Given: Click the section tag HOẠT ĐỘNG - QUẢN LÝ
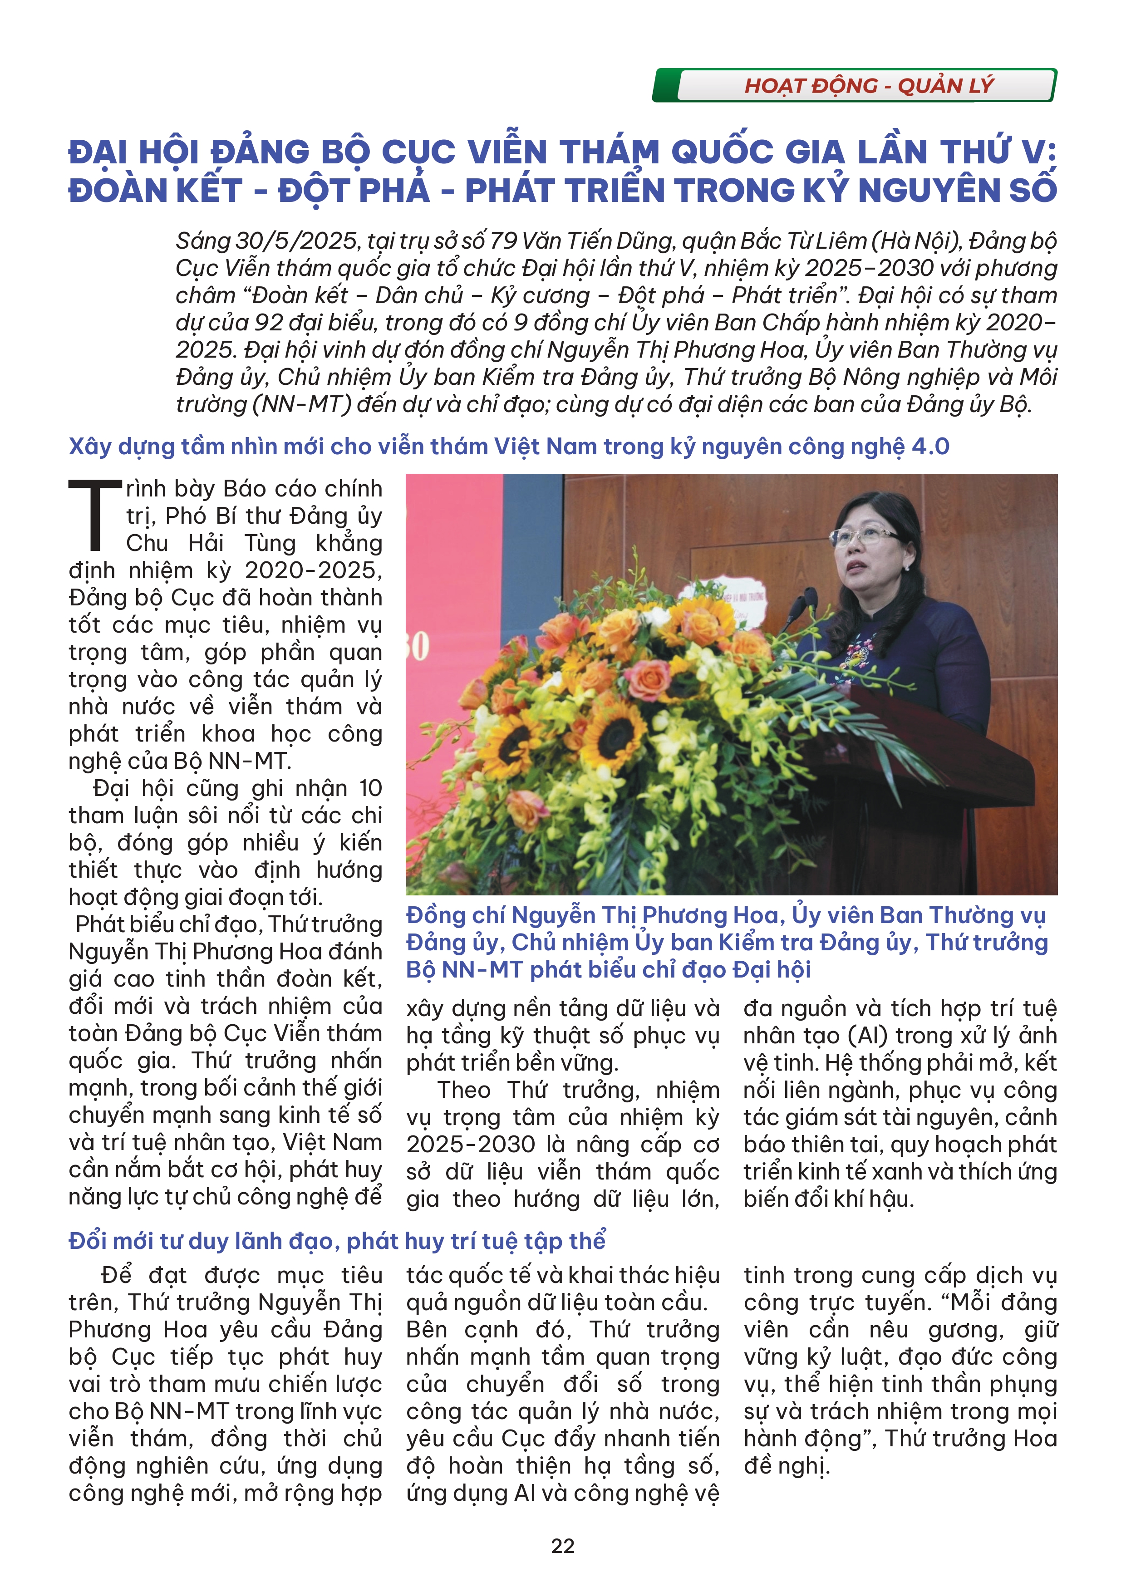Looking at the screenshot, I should (868, 86).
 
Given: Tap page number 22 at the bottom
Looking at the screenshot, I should (562, 1546).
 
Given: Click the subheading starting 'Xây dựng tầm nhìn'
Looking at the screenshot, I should (508, 447).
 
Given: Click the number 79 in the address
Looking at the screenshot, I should (503, 241).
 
